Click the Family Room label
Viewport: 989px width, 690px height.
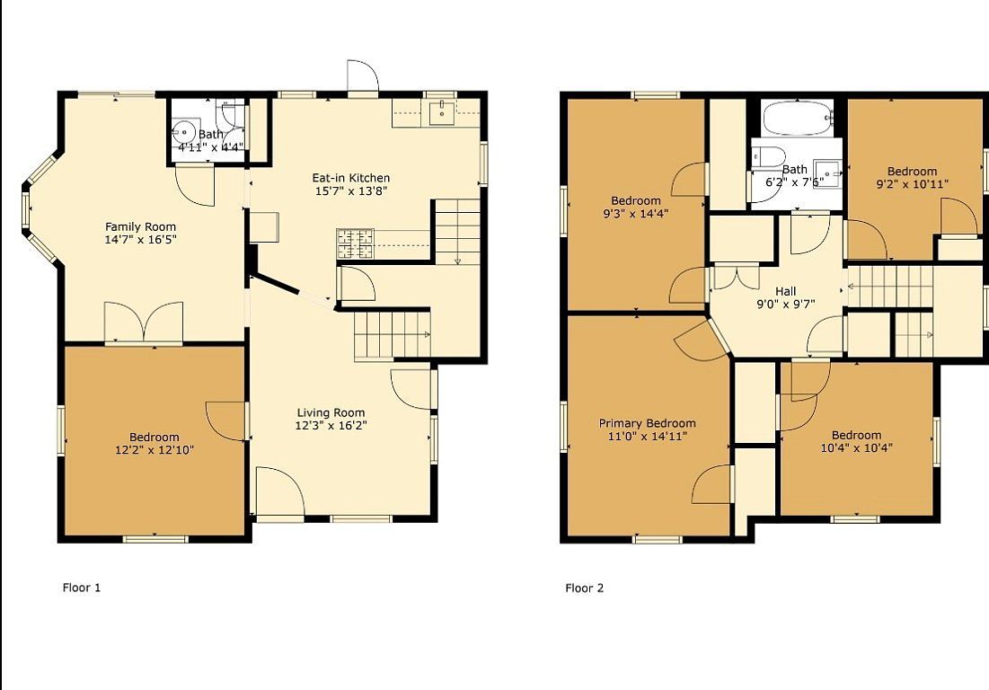tap(141, 227)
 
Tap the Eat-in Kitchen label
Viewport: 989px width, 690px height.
tap(350, 178)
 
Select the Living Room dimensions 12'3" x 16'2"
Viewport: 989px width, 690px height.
tap(331, 426)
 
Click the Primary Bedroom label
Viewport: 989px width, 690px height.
tap(647, 423)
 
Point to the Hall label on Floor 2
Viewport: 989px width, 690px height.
tap(785, 291)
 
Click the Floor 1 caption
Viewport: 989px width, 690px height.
tap(82, 588)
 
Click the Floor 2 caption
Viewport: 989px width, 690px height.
tap(584, 588)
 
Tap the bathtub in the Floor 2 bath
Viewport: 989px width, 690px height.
tap(799, 119)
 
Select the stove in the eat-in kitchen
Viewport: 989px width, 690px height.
tap(355, 243)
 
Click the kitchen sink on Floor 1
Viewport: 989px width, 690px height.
tap(445, 113)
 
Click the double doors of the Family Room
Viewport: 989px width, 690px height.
tap(144, 323)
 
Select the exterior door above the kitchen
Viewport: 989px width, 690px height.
tap(362, 78)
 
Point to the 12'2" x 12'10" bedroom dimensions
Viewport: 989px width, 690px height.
tap(155, 450)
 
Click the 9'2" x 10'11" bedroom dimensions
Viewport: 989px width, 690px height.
tap(912, 184)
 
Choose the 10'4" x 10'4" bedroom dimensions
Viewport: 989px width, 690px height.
tap(856, 448)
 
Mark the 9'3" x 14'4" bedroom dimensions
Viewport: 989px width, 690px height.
tap(636, 214)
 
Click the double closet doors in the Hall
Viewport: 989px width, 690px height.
tap(736, 277)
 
